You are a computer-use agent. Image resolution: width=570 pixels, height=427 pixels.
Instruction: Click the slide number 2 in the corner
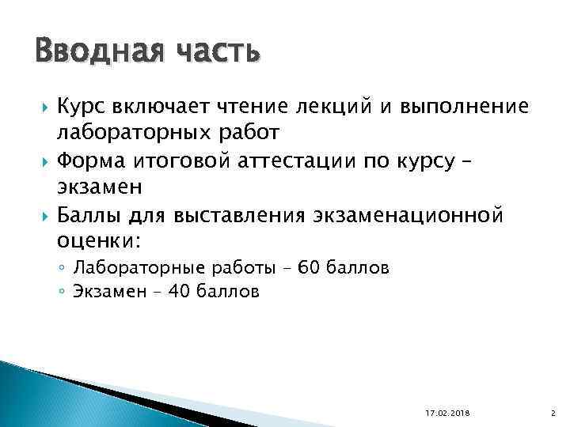pos(551,412)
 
